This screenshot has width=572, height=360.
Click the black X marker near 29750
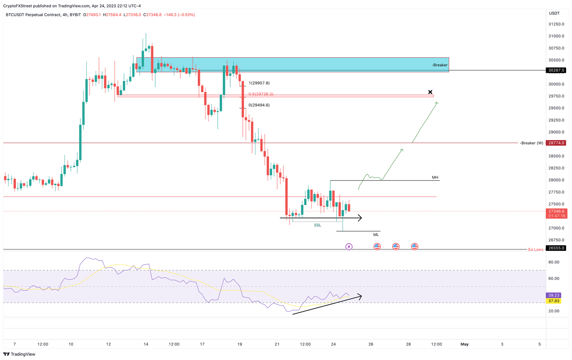tap(430, 92)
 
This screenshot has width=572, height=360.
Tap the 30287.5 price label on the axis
tap(556, 70)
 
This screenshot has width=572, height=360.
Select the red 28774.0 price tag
tap(556, 143)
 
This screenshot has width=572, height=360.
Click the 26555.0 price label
tap(556, 248)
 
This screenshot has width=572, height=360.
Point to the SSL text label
tap(317, 225)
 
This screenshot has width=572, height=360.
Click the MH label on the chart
tap(435, 178)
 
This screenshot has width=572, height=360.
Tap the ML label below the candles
tap(376, 235)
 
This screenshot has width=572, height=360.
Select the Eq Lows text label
tap(536, 249)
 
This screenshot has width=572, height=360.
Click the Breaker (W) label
tap(532, 143)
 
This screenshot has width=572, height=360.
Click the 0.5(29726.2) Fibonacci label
tap(261, 94)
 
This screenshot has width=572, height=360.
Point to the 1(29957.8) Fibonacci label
tap(259, 83)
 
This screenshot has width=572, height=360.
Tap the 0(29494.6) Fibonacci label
tap(259, 105)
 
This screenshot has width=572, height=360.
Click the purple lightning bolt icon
tap(349, 246)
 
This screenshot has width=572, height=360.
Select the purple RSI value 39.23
tap(554, 295)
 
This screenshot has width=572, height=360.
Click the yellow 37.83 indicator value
tap(554, 301)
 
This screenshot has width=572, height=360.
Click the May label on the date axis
tap(464, 344)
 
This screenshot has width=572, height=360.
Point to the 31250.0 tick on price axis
tap(556, 24)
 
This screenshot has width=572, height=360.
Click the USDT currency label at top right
tap(554, 13)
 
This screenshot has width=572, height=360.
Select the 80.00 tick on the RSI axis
tap(554, 262)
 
